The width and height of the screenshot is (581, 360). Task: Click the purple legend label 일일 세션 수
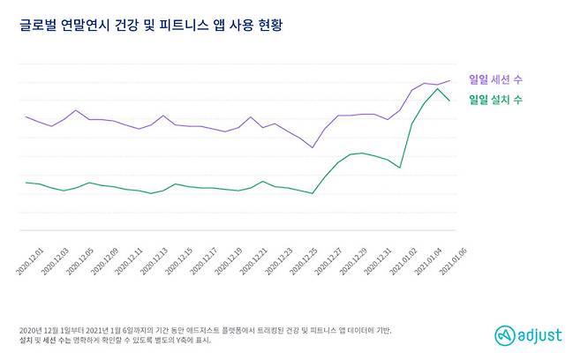point(494,79)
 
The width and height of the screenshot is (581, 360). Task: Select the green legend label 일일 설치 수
point(494,101)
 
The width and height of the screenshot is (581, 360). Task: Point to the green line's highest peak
point(438,88)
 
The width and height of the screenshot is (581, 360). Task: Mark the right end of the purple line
point(450,81)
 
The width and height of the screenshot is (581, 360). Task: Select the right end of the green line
point(450,101)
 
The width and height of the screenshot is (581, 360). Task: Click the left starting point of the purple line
point(26,116)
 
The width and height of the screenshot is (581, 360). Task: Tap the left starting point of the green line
point(26,183)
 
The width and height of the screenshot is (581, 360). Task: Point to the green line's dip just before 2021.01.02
point(400,168)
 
